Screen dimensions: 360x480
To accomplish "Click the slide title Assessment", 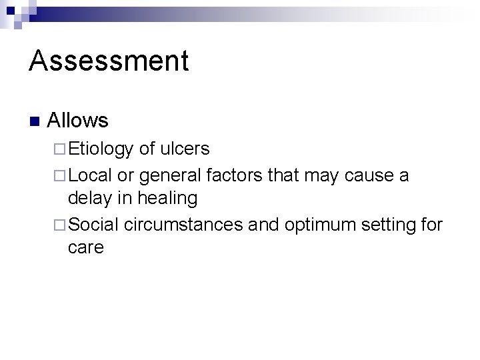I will tap(109, 61).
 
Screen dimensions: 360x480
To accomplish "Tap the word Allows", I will tap(78, 121).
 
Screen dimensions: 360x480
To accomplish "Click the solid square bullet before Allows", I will tap(34, 121).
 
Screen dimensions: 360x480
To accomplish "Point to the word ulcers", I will tap(185, 149).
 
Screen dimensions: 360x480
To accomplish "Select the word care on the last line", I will tap(86, 249).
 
